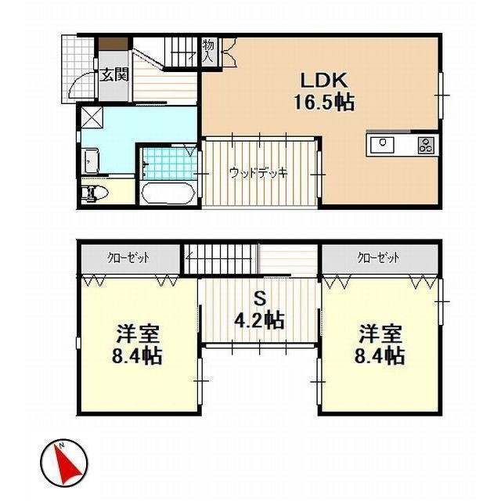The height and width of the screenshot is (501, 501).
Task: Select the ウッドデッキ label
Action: click(259, 173)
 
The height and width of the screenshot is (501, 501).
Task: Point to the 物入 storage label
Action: click(209, 51)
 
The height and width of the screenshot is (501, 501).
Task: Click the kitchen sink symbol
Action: click(383, 143)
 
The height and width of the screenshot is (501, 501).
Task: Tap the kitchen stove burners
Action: click(427, 144)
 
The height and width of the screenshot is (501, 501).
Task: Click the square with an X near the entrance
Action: click(92, 119)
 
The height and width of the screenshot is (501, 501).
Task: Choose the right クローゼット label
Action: click(379, 257)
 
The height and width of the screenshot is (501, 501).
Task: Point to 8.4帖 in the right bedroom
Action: click(381, 357)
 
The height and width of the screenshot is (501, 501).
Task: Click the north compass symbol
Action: click(63, 461)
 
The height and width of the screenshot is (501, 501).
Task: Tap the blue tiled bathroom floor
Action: click(169, 164)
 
